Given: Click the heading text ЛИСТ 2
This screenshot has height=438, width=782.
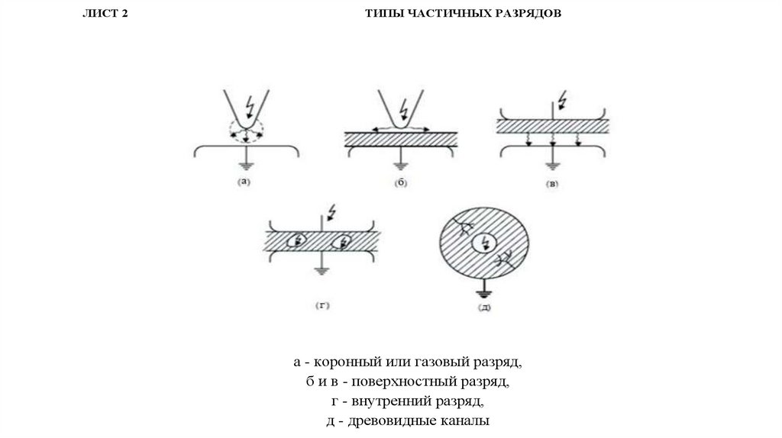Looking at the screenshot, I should click(105, 14).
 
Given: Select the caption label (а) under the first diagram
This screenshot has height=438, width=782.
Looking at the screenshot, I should click(244, 182).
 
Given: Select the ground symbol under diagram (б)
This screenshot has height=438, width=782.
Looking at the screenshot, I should click(400, 166).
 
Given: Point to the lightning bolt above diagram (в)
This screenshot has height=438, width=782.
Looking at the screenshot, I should click(563, 98).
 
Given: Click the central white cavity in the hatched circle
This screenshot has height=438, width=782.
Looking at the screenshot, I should click(483, 243).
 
